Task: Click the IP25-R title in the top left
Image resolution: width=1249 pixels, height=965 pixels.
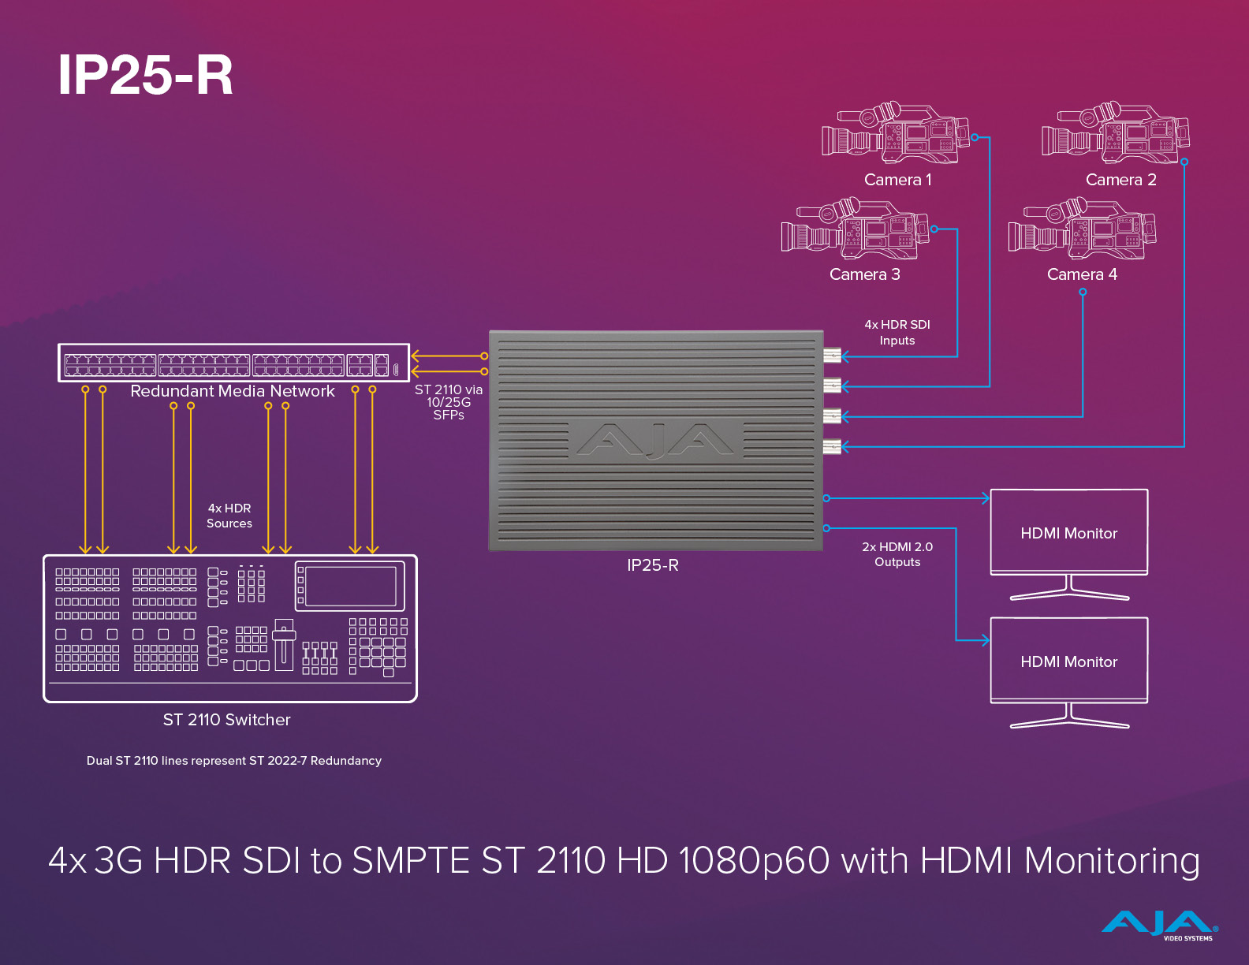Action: click(x=146, y=76)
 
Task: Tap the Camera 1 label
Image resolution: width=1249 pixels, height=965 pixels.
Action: click(x=897, y=180)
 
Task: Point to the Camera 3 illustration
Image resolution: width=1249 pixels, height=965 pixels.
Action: click(x=855, y=229)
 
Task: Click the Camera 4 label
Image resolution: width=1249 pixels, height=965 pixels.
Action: click(x=1082, y=274)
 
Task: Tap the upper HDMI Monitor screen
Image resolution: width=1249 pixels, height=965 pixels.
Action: click(x=1068, y=531)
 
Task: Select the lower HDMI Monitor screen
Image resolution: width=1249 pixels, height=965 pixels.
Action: click(x=1068, y=660)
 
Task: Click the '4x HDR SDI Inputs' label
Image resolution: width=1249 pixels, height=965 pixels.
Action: click(x=897, y=333)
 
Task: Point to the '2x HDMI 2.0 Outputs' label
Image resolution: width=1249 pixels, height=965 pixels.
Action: click(x=897, y=554)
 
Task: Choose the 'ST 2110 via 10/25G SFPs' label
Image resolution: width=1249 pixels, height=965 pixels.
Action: click(x=449, y=402)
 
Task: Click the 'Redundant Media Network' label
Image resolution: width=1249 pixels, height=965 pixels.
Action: click(x=233, y=391)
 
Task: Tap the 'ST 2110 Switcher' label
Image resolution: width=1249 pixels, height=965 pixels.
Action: click(x=227, y=720)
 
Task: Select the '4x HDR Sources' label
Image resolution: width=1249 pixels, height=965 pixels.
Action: click(x=229, y=516)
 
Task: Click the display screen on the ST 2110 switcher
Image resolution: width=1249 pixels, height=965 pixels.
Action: click(x=350, y=586)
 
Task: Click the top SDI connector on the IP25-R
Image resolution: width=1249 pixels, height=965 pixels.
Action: click(x=832, y=356)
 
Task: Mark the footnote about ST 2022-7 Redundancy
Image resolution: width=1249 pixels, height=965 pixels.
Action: click(x=234, y=761)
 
